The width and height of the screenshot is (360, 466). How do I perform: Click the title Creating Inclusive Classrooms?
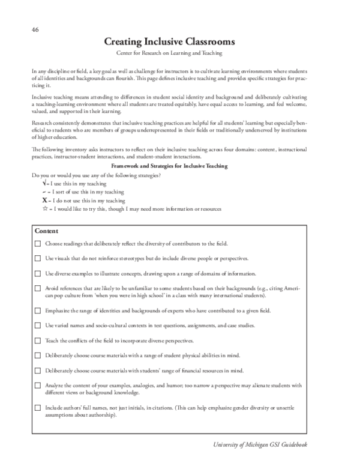pyautogui.click(x=169, y=42)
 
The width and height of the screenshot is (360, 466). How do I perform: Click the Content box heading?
pyautogui.click(x=46, y=231)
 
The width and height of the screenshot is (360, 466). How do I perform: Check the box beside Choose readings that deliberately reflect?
pyautogui.click(x=38, y=244)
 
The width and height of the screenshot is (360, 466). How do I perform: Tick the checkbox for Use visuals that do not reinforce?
pyautogui.click(x=38, y=258)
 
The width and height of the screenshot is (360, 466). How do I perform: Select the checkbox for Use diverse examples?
pyautogui.click(x=38, y=273)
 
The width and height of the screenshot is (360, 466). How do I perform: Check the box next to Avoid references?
pyautogui.click(x=38, y=289)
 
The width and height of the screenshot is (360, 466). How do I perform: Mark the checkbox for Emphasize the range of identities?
pyautogui.click(x=38, y=311)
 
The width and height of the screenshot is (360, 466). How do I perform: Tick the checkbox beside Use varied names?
pyautogui.click(x=38, y=325)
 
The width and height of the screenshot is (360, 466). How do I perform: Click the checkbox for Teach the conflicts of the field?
pyautogui.click(x=38, y=340)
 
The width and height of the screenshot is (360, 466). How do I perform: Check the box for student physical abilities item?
pyautogui.click(x=38, y=355)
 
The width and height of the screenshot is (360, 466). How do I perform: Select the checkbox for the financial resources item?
pyautogui.click(x=38, y=370)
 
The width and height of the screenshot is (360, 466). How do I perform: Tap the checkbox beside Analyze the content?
pyautogui.click(x=38, y=386)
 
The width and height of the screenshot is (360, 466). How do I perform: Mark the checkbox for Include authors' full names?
pyautogui.click(x=38, y=408)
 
